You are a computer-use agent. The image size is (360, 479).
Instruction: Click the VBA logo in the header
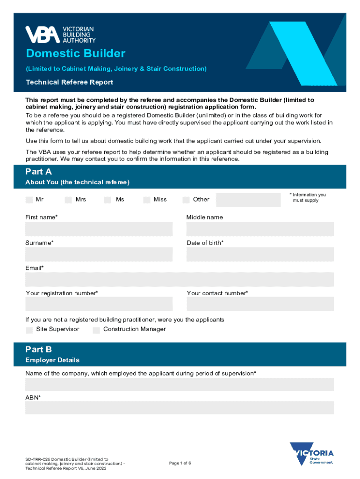point(60,34)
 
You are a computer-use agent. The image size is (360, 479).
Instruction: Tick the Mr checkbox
point(29,200)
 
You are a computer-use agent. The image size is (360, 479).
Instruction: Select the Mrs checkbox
point(68,200)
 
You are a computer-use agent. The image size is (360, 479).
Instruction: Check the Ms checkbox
point(108,200)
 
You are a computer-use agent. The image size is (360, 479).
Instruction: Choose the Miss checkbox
point(147,200)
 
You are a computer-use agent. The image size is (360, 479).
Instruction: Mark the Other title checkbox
point(186,200)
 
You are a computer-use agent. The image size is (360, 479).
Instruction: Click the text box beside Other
point(248,200)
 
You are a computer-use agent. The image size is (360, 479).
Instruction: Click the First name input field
point(99,229)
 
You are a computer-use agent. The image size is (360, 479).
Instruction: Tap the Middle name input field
point(260,229)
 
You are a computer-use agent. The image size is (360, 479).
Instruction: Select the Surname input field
point(99,254)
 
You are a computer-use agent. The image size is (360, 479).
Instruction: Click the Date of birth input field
point(260,254)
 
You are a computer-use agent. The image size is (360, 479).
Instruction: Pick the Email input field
point(180,279)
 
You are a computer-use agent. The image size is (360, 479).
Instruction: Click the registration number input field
point(99,304)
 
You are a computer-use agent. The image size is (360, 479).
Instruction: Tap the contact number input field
point(260,304)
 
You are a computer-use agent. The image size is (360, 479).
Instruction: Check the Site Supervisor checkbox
point(29,330)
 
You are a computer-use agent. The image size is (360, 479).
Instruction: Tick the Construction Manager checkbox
point(96,330)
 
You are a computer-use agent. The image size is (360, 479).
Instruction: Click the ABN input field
point(180,407)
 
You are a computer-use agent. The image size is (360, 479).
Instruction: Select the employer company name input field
point(180,385)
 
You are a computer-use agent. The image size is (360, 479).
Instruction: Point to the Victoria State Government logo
point(311,454)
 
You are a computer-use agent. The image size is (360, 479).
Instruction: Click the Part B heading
point(39,349)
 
